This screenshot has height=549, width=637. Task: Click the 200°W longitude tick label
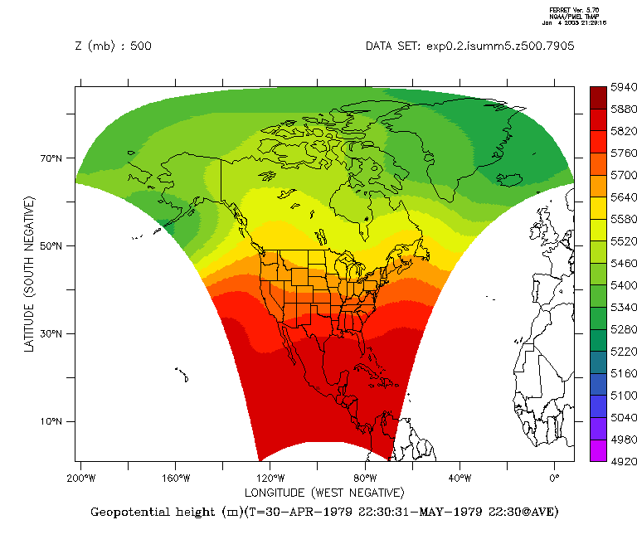point(80,479)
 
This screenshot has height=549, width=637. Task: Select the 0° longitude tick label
point(555,479)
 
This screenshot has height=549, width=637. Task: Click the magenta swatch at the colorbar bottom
point(599,450)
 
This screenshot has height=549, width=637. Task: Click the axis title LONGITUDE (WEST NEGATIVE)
point(324,493)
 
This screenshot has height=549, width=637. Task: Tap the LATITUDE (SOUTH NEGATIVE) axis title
point(30,274)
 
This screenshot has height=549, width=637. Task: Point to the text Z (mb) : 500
point(113,46)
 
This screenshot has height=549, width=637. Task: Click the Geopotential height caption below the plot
point(324,512)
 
